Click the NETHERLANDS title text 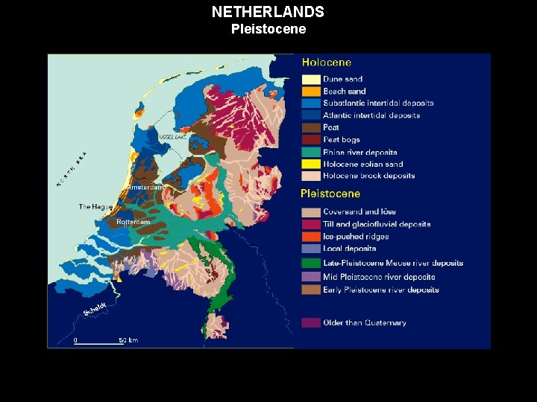[x=268, y=12]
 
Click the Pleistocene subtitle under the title [x=268, y=30]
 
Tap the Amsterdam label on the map [x=146, y=188]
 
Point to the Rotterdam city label [x=133, y=222]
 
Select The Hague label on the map [x=95, y=206]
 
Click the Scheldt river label [x=95, y=308]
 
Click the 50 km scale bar [x=98, y=342]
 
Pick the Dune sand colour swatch [x=311, y=79]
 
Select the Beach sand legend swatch [x=311, y=91]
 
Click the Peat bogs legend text [x=342, y=140]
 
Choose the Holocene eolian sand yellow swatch [x=311, y=164]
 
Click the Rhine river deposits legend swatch [x=311, y=152]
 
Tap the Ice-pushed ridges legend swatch [x=311, y=237]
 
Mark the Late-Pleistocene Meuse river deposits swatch [x=311, y=263]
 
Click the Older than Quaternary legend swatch [x=311, y=322]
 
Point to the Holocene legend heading [x=326, y=63]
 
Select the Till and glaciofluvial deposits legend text [x=377, y=224]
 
